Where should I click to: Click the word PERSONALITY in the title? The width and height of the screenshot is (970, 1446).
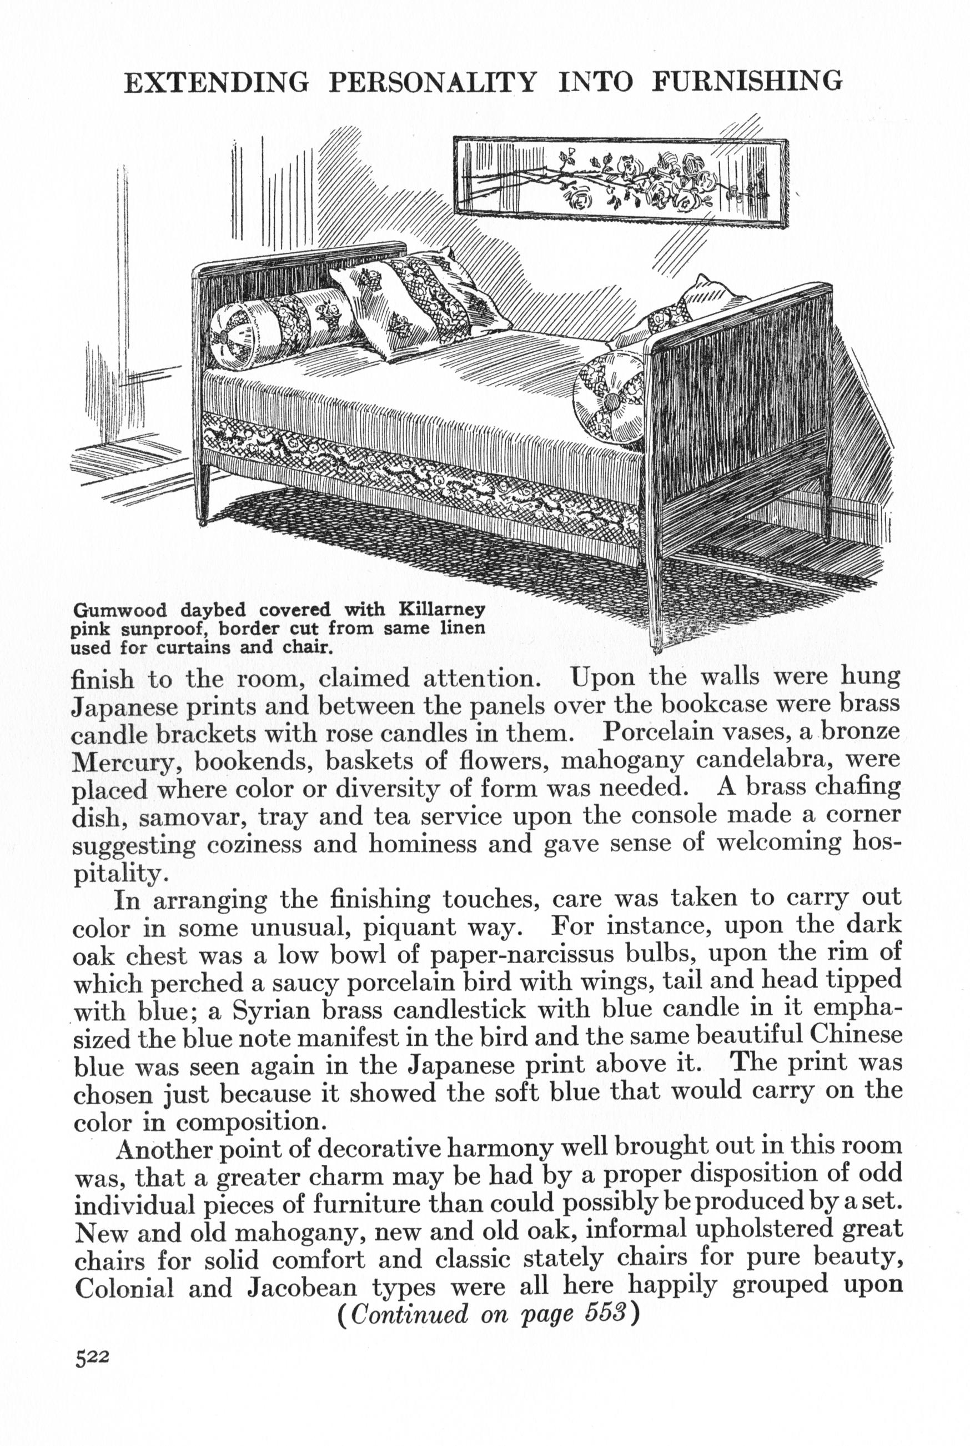point(432,82)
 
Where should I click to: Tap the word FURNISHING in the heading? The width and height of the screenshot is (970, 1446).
point(747,81)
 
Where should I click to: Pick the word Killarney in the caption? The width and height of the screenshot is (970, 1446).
point(441,609)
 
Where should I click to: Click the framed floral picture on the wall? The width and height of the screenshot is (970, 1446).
point(621,182)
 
